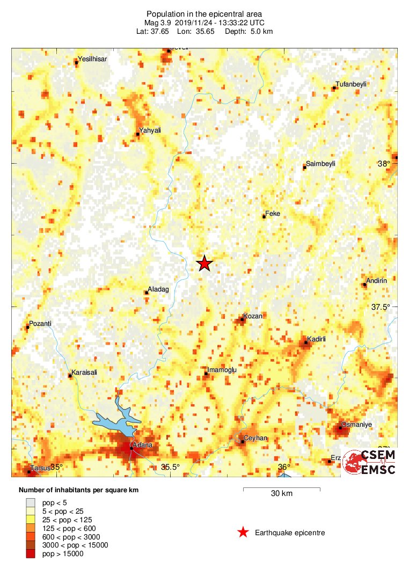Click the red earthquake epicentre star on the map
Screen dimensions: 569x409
204,264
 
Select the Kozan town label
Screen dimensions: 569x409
253,316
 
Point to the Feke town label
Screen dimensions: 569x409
273,213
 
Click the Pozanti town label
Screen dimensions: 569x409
40,324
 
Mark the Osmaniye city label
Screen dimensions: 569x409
357,424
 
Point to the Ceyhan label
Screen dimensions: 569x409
255,439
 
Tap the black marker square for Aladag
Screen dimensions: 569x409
147,293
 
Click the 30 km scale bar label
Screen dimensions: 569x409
281,494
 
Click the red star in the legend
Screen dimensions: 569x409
243,532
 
